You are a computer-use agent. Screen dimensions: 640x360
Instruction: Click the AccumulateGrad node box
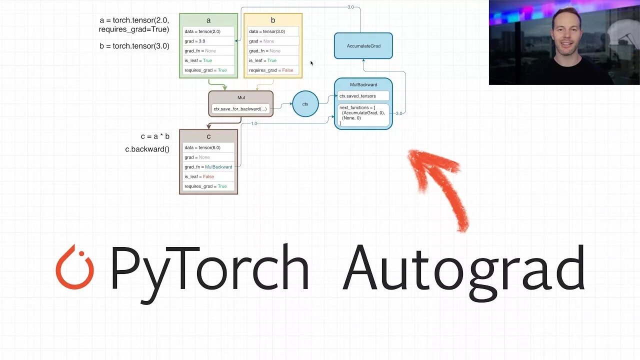pos(363,46)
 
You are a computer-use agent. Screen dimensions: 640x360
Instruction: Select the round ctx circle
pos(305,104)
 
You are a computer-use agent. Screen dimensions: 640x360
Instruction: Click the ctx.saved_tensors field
pos(363,96)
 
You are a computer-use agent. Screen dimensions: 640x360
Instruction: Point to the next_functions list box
pos(363,115)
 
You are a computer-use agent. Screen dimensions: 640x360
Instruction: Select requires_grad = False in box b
pos(273,70)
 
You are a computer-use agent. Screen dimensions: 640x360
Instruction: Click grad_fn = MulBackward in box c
pos(208,167)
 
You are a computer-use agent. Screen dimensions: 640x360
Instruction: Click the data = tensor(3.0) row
pos(273,31)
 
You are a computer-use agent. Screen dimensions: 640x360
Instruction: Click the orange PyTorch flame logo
pos(75,267)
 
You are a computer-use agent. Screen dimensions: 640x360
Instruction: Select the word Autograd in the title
pos(464,270)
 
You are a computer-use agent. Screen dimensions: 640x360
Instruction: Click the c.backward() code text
pos(147,149)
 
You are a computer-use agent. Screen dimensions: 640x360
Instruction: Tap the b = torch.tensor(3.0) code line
pos(134,46)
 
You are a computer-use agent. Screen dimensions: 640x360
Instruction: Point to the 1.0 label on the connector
pos(254,123)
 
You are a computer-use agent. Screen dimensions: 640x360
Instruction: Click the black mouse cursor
pos(312,63)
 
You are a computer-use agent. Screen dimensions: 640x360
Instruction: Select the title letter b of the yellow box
pos(273,20)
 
